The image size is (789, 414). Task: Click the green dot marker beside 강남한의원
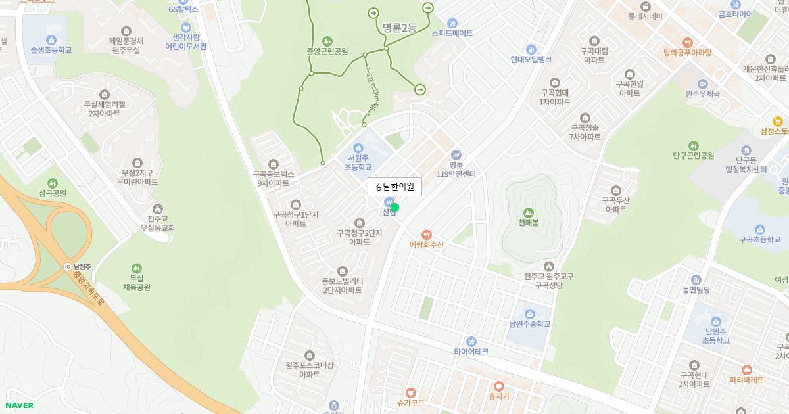tap(394, 208)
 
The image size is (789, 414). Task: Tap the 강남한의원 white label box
tap(394, 187)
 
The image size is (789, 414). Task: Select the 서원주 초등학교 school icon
tap(358, 147)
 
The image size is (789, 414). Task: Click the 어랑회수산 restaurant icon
tap(427, 234)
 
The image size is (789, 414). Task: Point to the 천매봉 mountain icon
tap(528, 212)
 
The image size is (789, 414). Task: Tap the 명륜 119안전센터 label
tap(456, 169)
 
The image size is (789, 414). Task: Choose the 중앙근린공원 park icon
tap(327, 41)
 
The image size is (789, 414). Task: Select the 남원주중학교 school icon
tap(529, 313)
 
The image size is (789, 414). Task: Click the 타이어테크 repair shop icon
tap(471, 341)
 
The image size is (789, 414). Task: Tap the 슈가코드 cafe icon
tap(411, 392)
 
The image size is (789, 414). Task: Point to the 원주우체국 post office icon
tap(702, 83)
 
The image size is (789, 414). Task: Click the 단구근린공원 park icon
tap(693, 145)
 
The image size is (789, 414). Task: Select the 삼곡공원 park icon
tap(53, 183)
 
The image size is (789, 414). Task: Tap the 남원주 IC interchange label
tap(78, 267)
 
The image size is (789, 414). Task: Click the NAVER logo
tap(18, 405)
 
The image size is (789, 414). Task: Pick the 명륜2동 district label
tap(399, 28)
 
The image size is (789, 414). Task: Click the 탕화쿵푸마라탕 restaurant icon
tap(687, 42)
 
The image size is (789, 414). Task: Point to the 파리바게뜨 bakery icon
tap(746, 369)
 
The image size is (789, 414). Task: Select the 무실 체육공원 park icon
tap(136, 268)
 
